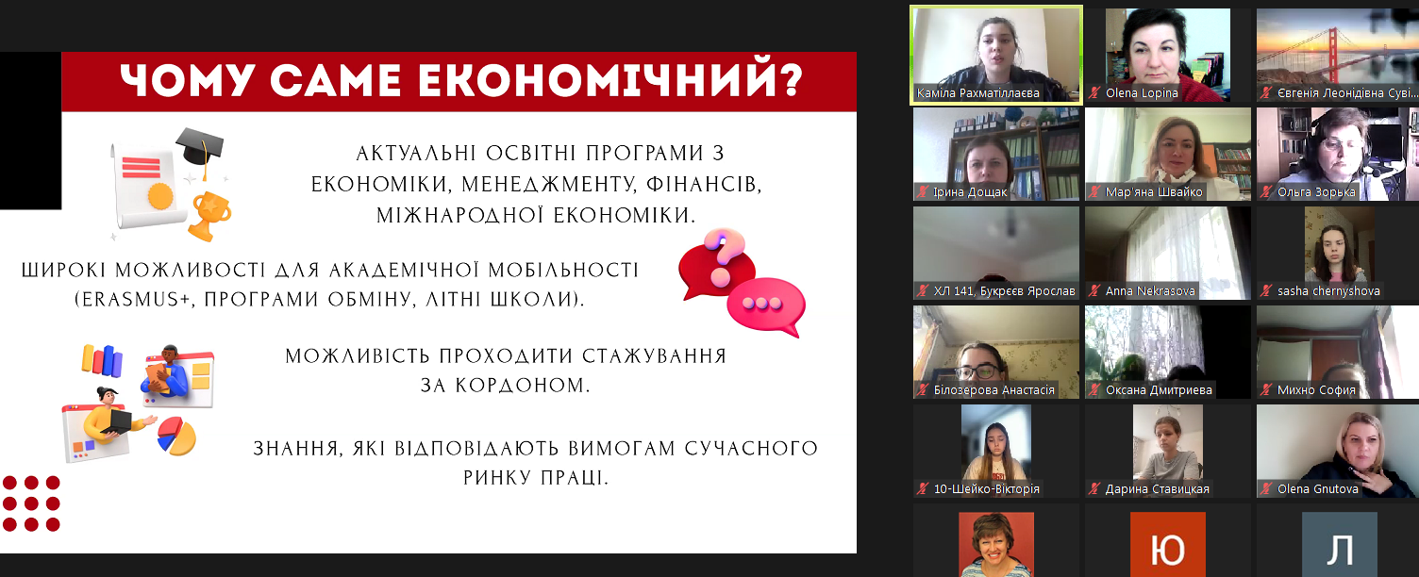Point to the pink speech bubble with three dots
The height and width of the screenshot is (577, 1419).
coord(766,306)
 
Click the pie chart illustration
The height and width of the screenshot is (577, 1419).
coord(177,436)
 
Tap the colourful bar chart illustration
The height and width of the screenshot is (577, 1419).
coord(102,360)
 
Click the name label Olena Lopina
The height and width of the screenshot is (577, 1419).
coord(1142,93)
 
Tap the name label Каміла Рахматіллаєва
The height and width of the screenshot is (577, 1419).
coord(978,93)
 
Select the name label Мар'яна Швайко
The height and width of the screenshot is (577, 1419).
coord(1154,192)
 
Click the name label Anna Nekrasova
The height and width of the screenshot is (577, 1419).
coord(1150,291)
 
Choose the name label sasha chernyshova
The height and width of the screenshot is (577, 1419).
coord(1328,291)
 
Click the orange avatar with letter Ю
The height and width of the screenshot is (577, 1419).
coord(1167,545)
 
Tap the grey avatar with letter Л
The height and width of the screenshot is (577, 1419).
coord(1339,545)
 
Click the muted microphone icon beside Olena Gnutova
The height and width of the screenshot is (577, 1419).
coord(1266,489)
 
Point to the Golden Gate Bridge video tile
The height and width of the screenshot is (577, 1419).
coord(1338,55)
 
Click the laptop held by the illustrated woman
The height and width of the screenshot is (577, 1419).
coord(116,422)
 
